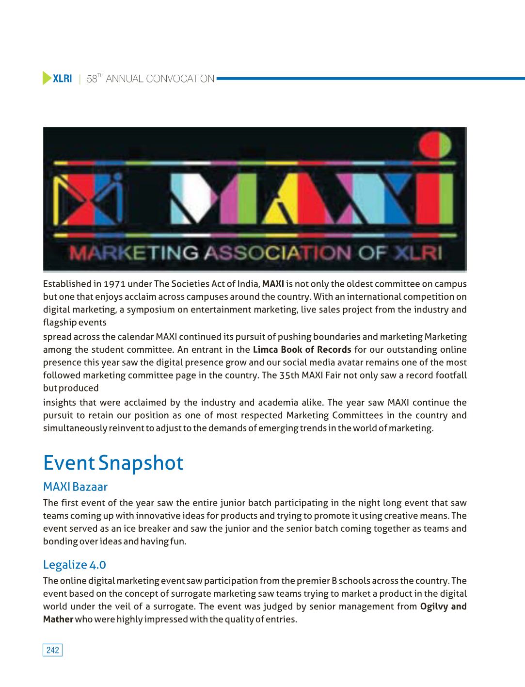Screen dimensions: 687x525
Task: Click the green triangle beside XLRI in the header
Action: coord(47,78)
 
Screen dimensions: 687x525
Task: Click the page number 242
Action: coord(53,650)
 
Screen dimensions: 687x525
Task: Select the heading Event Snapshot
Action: coord(113,463)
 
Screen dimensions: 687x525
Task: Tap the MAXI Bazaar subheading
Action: coord(75,487)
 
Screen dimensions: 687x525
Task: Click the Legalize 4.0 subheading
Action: coord(74,564)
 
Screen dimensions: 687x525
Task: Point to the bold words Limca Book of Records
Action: coord(302,350)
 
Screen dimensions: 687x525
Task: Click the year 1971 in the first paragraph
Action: coord(114,284)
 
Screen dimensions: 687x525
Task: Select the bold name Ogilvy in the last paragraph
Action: coord(434,606)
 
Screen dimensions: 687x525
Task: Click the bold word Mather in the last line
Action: coord(58,619)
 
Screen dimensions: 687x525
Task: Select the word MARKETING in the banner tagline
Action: coord(134,253)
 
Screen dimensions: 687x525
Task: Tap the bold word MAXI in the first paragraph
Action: coord(273,284)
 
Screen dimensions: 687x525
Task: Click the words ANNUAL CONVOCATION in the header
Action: coord(160,79)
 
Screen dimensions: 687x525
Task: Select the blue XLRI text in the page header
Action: coord(62,79)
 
